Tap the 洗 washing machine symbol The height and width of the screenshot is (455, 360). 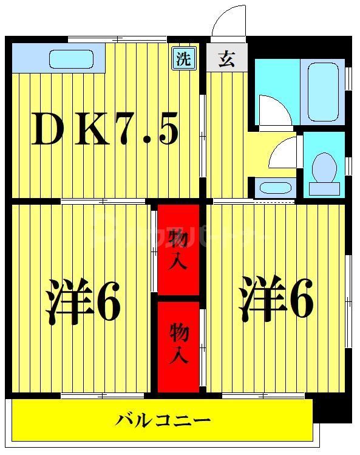pyautogui.click(x=183, y=59)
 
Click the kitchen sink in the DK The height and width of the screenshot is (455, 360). pyautogui.click(x=71, y=59)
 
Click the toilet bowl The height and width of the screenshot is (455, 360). pyautogui.click(x=324, y=165)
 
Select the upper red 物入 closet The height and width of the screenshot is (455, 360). pyautogui.click(x=178, y=250)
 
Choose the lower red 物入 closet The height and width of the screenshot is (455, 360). pyautogui.click(x=178, y=344)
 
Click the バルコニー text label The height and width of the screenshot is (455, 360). pyautogui.click(x=163, y=419)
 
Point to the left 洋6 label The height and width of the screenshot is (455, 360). pyautogui.click(x=83, y=301)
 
